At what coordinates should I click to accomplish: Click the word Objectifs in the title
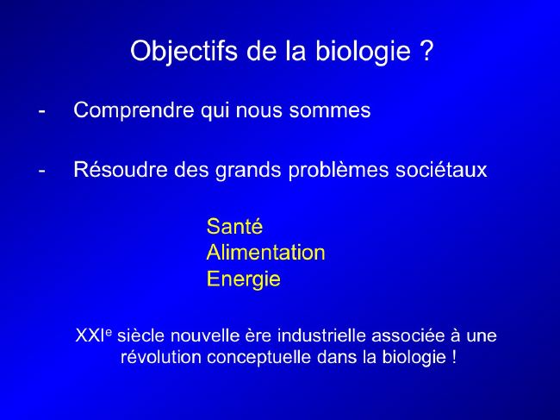184,52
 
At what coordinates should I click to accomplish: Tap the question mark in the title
425,50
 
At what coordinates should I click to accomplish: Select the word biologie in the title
363,52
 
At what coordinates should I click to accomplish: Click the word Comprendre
134,110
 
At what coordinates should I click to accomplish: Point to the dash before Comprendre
42,111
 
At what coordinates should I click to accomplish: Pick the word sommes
330,110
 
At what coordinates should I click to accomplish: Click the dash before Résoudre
42,171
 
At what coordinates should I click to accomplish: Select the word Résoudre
121,169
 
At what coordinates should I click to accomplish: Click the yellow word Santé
234,226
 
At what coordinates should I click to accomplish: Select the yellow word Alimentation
265,253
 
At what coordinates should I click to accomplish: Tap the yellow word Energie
244,279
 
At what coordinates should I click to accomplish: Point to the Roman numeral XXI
90,335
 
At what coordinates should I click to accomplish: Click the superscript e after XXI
109,332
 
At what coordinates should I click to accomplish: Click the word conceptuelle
259,358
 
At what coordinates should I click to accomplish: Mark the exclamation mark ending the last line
454,357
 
